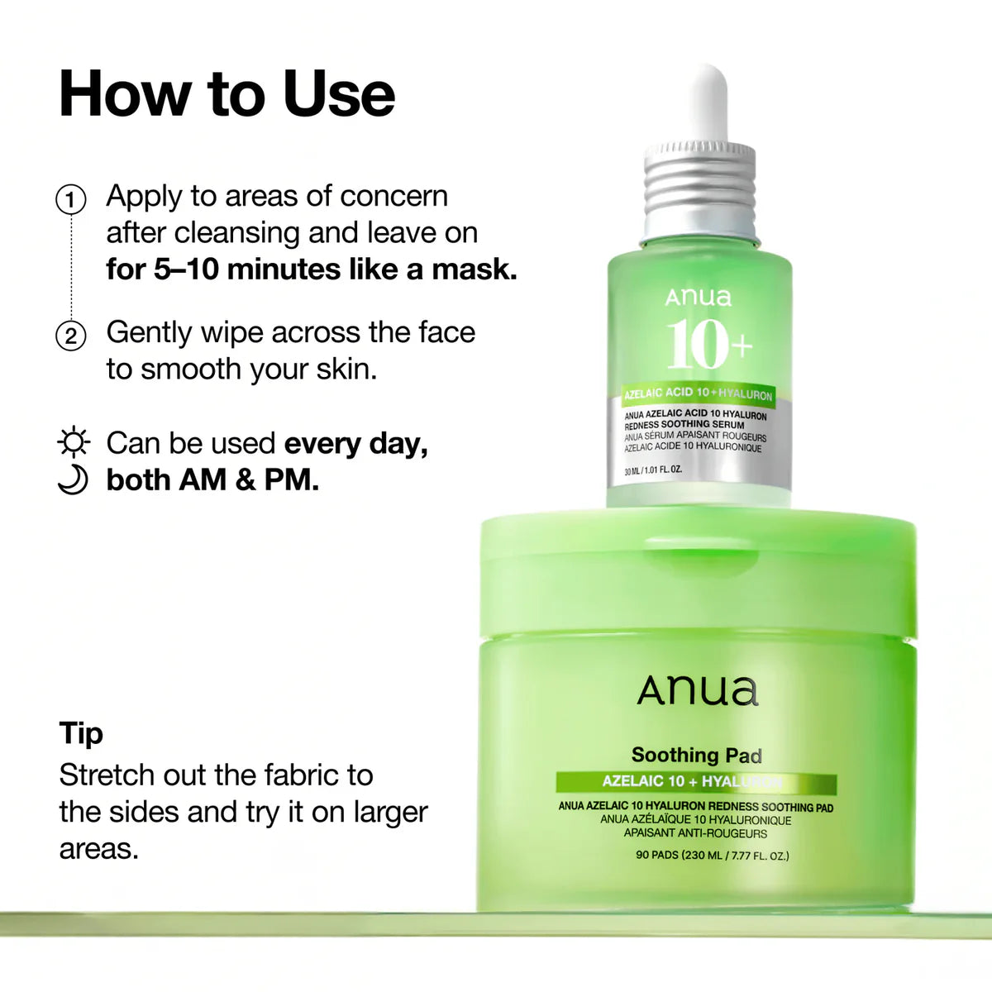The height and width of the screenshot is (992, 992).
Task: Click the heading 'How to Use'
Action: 227,94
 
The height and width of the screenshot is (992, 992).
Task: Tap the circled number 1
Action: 71,200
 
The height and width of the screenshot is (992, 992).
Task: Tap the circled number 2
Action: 71,336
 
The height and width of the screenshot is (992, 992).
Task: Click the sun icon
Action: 74,443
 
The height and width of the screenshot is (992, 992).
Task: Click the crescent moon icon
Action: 74,480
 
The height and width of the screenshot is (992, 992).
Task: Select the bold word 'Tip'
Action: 81,733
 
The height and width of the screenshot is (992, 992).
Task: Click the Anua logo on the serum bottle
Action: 699,297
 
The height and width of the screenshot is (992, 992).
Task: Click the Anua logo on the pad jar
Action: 698,691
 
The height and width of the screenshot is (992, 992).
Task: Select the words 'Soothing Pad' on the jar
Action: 697,755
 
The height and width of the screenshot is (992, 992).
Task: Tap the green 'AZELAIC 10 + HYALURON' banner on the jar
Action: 696,782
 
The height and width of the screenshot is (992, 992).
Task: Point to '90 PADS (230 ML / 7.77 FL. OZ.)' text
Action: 712,855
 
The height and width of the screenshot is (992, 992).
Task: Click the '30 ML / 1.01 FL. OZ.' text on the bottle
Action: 653,471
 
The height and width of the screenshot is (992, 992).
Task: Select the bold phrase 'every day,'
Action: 356,444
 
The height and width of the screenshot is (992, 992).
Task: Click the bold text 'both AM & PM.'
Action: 212,480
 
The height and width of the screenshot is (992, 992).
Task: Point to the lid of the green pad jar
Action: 698,570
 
